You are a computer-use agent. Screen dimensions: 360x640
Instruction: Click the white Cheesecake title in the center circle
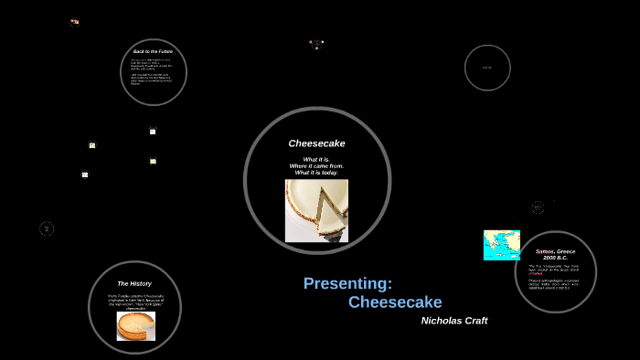(x=316, y=143)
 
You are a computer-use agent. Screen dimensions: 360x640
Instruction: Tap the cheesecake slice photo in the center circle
(x=316, y=210)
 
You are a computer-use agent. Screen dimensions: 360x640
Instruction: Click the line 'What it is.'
(x=316, y=159)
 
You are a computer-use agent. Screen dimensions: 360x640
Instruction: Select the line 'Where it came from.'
(x=316, y=165)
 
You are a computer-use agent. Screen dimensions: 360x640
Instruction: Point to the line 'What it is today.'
(x=316, y=173)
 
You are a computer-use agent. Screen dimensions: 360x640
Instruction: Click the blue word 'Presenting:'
(x=347, y=283)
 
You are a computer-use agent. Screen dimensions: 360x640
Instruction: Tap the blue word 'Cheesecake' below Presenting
(x=395, y=302)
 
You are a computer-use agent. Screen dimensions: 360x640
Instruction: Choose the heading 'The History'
(x=134, y=283)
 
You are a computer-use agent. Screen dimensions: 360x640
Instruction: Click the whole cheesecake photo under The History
(x=136, y=325)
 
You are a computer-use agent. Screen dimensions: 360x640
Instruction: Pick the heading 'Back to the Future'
(x=153, y=52)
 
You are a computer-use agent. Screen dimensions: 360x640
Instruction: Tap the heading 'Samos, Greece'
(x=555, y=251)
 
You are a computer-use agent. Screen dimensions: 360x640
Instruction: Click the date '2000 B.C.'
(x=555, y=258)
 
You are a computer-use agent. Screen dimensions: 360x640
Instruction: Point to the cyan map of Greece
(x=501, y=245)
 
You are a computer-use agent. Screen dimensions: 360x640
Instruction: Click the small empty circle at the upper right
(x=487, y=68)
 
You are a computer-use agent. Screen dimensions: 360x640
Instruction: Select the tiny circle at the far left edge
(x=47, y=228)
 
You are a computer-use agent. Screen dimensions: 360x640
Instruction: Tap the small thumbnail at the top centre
(x=315, y=44)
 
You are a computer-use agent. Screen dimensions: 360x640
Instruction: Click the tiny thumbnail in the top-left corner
(x=75, y=22)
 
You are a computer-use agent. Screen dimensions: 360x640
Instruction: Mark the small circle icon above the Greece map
(x=538, y=207)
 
